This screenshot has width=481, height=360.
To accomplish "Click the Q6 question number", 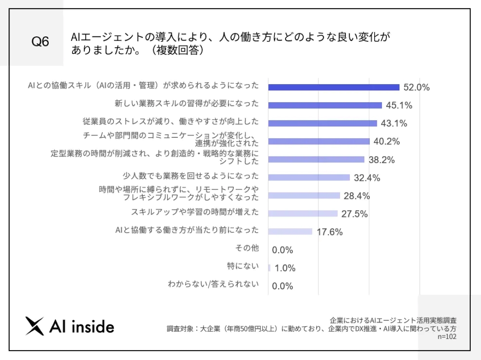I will pyautogui.click(x=40, y=42).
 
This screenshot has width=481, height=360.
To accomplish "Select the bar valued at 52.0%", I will pyautogui.click(x=334, y=87).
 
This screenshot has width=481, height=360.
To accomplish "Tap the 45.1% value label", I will pyautogui.click(x=399, y=105).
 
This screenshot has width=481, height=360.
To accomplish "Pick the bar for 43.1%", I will pyautogui.click(x=322, y=123).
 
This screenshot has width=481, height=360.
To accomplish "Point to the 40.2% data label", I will pyautogui.click(x=386, y=142).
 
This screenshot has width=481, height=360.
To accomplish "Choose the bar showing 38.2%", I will pyautogui.click(x=316, y=159).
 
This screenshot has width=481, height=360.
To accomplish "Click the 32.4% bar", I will pyautogui.click(x=309, y=177).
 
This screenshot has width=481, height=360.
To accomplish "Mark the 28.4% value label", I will pyautogui.click(x=356, y=196).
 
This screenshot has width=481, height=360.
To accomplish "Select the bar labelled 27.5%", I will pyautogui.click(x=303, y=213).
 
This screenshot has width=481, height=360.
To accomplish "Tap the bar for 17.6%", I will pyautogui.click(x=290, y=231).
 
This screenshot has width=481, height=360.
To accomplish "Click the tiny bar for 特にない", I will pyautogui.click(x=269, y=268).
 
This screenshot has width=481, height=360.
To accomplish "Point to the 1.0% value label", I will pyautogui.click(x=285, y=268).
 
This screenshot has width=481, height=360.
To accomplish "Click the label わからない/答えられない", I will pyautogui.click(x=213, y=283).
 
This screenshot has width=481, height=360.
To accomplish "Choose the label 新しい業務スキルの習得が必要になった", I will pyautogui.click(x=187, y=103).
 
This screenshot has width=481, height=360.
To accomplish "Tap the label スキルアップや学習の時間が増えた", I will pyautogui.click(x=195, y=211).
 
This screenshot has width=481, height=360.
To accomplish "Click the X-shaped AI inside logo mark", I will pyautogui.click(x=35, y=326).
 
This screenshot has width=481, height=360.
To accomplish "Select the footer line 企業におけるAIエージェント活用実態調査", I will pyautogui.click(x=393, y=320).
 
